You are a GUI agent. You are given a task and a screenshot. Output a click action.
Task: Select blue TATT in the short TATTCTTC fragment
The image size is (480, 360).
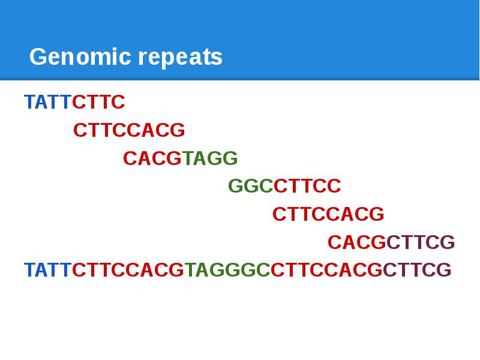point(47,103)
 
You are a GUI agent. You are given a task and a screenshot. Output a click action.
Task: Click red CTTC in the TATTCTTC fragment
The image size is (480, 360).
point(98,103)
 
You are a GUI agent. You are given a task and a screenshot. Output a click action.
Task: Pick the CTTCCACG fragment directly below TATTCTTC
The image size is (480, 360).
point(129,130)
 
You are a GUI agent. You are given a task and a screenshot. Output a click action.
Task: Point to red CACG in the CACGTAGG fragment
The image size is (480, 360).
point(152,158)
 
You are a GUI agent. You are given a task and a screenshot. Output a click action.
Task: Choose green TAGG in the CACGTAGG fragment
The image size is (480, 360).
point(210,158)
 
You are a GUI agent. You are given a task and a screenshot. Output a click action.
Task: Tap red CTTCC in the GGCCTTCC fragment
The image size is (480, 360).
point(307,187)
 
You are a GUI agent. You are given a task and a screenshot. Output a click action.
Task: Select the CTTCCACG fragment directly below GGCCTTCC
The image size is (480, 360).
point(328,214)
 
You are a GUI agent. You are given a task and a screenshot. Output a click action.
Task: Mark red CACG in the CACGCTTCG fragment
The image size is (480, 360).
point(356,242)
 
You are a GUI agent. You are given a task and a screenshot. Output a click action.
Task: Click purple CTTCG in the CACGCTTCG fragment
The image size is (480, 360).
point(421,242)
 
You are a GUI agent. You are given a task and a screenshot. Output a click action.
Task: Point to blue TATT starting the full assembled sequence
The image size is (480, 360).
point(47,270)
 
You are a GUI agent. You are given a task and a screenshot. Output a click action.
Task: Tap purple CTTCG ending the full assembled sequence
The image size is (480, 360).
point(417,270)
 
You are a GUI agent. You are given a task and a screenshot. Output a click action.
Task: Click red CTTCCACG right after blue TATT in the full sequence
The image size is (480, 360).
point(128,270)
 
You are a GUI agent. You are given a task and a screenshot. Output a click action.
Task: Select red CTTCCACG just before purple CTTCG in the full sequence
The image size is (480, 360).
point(326,270)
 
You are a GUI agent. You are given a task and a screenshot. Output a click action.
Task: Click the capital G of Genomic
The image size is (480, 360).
point(38,58)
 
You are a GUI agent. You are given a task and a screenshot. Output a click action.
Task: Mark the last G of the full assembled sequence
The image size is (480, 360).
point(444,270)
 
